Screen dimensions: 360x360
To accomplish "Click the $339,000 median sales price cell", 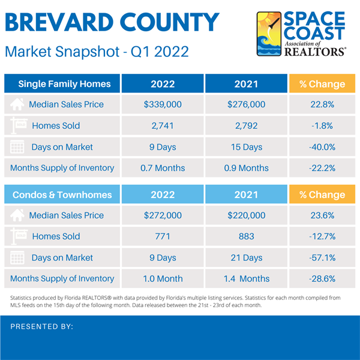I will (163, 104).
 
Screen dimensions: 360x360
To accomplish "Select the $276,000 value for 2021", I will (246, 104).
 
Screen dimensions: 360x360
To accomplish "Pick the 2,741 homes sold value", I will (163, 126).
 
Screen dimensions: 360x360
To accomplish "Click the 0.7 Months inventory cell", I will (163, 168).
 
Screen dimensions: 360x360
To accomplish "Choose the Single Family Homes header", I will (62, 83).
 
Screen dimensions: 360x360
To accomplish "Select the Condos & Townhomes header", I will (62, 194).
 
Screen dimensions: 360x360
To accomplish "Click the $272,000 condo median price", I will (163, 215).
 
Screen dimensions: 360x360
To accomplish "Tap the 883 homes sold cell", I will (246, 236).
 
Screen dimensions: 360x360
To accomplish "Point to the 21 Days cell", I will (246, 257).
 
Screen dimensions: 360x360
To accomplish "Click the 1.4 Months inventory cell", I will (246, 278).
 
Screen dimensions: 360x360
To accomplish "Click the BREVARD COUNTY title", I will (112, 23).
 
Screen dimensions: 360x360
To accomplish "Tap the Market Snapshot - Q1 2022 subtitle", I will (97, 52).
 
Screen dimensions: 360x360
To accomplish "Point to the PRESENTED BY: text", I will (42, 327).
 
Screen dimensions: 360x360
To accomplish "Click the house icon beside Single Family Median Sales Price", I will (18, 104).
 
